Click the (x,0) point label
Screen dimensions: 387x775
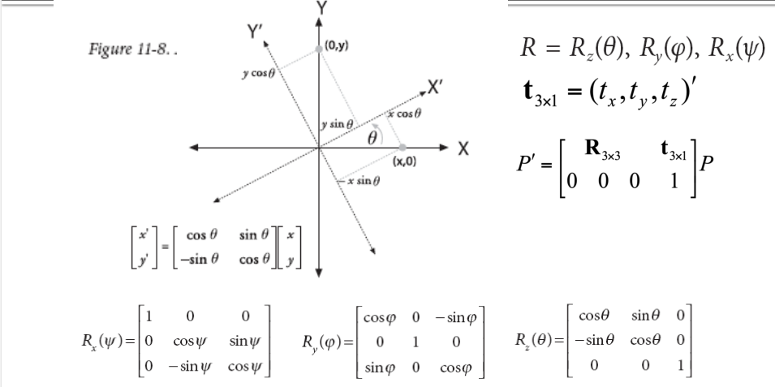pyautogui.click(x=403, y=161)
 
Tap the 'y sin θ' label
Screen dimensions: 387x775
pyautogui.click(x=337, y=123)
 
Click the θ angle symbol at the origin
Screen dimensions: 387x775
pyautogui.click(x=372, y=138)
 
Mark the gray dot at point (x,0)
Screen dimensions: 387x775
pyautogui.click(x=402, y=148)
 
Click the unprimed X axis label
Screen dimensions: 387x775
pyautogui.click(x=463, y=149)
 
